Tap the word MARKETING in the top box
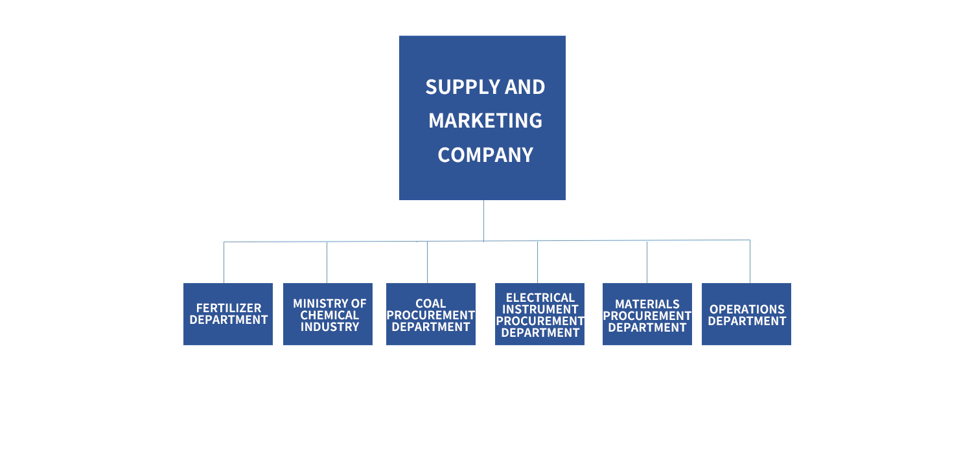[485, 120]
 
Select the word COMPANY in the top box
[485, 155]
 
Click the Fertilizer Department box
[228, 314]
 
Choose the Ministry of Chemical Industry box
[328, 314]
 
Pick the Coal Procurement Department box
[431, 314]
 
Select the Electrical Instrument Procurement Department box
[540, 314]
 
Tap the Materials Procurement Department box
[647, 314]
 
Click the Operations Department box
[746, 314]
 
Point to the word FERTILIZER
[229, 309]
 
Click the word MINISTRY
[317, 303]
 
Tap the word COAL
[431, 303]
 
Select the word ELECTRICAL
[540, 298]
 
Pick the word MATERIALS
[647, 304]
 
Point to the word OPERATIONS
[747, 310]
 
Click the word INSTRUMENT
[540, 310]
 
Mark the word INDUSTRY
[330, 326]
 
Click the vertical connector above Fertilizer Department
[224, 262]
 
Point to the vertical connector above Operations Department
[750, 261]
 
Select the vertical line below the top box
[483, 220]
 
